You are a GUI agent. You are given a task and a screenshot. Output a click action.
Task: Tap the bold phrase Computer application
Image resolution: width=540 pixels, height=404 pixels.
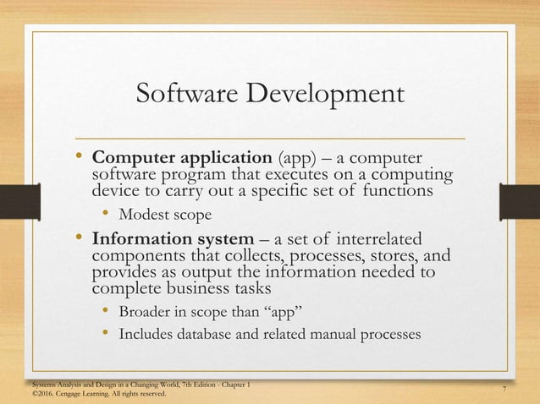[x=182, y=159]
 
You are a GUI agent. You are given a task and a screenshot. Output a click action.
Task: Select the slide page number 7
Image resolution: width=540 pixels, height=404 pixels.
[x=504, y=388]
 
